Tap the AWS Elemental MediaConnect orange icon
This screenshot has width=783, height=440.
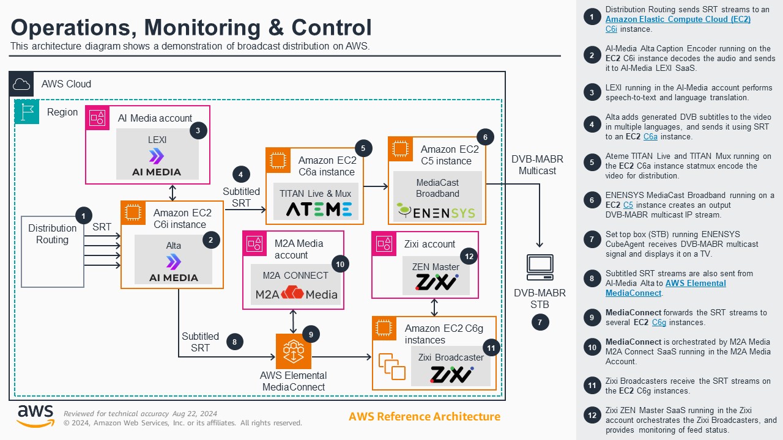pos(293,351)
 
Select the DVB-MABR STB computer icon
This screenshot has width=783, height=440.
pos(540,268)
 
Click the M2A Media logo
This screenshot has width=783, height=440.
pos(296,295)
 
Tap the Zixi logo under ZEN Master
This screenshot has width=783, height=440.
pos(436,282)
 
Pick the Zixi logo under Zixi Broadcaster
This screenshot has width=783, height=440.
pos(451,374)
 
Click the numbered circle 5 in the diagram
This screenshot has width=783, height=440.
pos(363,147)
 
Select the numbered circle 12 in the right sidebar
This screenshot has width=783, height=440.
pos(592,416)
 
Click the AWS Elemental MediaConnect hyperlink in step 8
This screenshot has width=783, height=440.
pos(695,288)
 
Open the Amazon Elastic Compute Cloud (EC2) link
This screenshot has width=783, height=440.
pos(678,20)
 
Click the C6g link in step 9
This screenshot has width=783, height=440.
pos(659,322)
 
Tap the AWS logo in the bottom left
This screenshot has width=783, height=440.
pos(35,416)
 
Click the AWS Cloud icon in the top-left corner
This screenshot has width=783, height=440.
pos(21,84)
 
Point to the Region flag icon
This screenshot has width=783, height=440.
pos(27,112)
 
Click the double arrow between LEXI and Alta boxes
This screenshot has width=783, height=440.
pos(173,193)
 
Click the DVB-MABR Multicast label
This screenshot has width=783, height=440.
pos(537,165)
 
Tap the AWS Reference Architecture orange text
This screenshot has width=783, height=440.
pos(424,417)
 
